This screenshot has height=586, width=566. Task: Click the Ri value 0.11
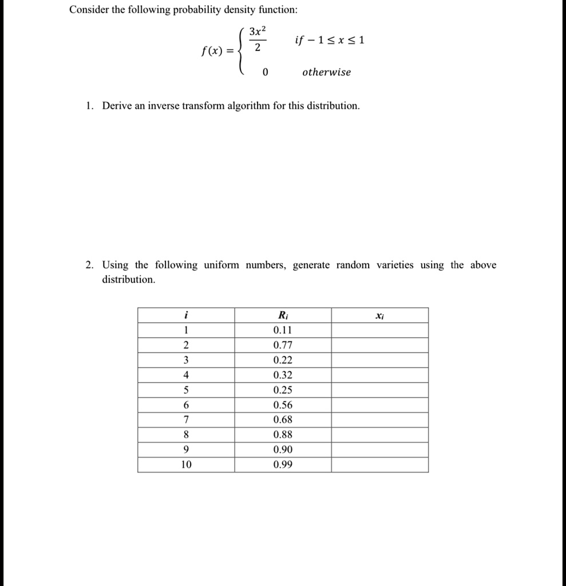click(283, 330)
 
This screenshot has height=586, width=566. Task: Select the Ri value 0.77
click(283, 345)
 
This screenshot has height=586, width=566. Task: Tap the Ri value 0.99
click(283, 465)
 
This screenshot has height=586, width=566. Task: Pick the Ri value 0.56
click(283, 405)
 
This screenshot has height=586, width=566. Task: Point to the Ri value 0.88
click(283, 435)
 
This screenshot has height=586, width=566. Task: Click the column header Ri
click(283, 315)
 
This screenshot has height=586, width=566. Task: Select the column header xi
click(379, 315)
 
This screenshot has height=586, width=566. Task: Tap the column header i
click(186, 315)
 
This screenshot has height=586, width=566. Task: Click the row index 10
click(186, 465)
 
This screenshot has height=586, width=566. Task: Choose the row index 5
click(186, 390)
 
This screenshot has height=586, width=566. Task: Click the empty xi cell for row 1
click(379, 330)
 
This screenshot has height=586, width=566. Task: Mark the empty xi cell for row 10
click(379, 465)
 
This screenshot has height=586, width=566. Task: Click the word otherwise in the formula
click(326, 73)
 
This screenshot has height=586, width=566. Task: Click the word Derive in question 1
click(117, 106)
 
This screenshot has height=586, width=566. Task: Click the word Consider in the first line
click(89, 10)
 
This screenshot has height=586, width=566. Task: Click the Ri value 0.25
click(283, 390)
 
